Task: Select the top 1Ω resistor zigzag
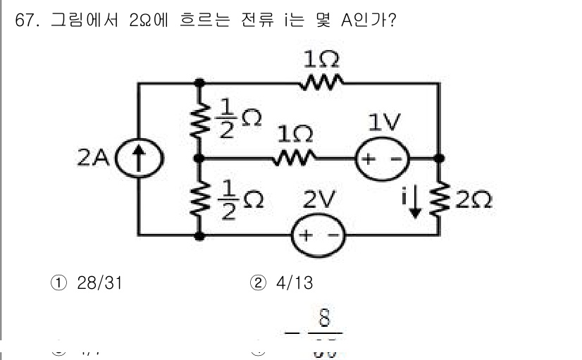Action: coord(321,83)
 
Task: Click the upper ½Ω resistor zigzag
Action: coord(200,120)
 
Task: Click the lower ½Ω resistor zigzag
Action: coord(200,197)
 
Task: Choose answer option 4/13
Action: coord(291,283)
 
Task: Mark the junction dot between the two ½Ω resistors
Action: coord(200,159)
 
